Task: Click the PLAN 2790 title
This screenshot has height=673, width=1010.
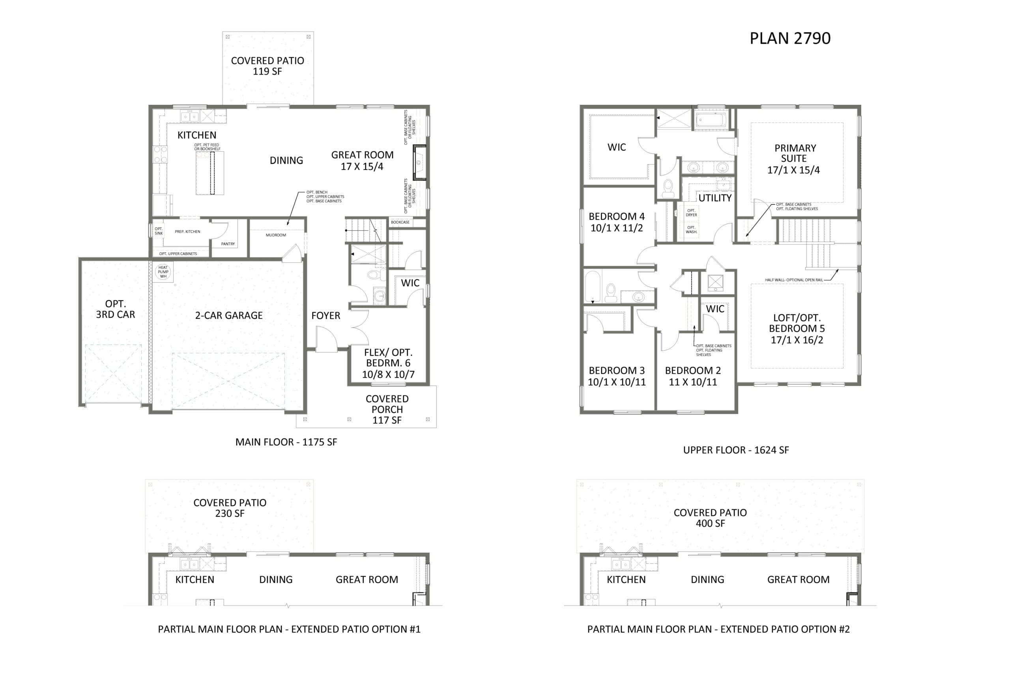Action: coord(790,38)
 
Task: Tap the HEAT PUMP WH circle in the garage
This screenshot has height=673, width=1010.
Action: coord(163,272)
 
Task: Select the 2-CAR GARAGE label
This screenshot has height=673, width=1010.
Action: coord(228,315)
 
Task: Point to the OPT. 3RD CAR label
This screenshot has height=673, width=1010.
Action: coord(116,309)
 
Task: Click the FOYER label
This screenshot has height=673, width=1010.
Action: coord(325,315)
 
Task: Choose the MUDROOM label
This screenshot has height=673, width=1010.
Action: coord(276,235)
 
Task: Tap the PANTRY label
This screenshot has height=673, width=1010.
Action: coord(228,244)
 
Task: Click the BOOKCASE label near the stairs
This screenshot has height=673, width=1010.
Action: coord(400,222)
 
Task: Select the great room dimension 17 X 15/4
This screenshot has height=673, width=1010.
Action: coord(362,166)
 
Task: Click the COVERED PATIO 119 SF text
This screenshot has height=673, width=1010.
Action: coord(267,66)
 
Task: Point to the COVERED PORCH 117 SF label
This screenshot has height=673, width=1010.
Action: coord(387,410)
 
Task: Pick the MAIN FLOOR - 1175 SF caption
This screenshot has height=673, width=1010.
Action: coord(286,442)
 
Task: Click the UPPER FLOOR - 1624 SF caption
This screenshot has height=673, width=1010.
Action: coord(736,450)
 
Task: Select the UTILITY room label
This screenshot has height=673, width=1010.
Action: coord(715,198)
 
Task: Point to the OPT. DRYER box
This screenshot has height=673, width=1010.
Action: coord(691,213)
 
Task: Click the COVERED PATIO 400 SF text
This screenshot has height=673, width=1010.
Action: coord(710,518)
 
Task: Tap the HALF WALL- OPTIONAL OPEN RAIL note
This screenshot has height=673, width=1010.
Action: coord(794,280)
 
